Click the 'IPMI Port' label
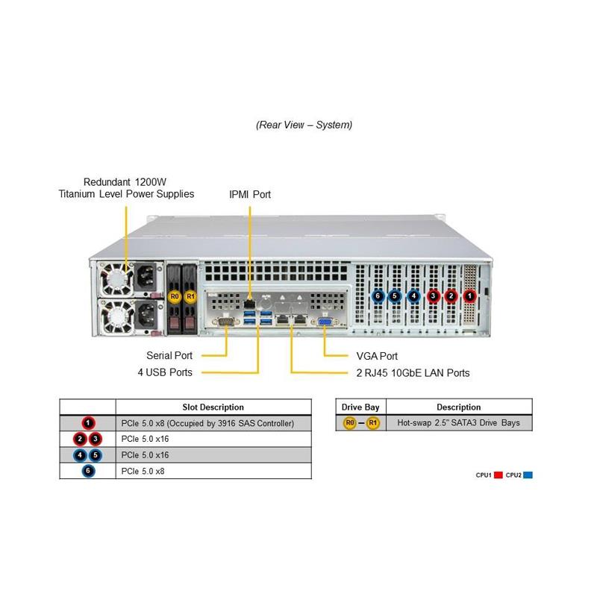250,194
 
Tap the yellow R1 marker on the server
190,296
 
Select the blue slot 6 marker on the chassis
378,296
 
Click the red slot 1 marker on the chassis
469,296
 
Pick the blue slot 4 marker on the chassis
414,296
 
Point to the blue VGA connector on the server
326,322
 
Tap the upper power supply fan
118,278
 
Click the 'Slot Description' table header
213,407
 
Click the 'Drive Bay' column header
358,407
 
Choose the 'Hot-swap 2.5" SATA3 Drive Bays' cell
459,423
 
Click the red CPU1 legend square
498,475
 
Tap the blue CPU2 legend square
528,475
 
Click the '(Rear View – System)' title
304,125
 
